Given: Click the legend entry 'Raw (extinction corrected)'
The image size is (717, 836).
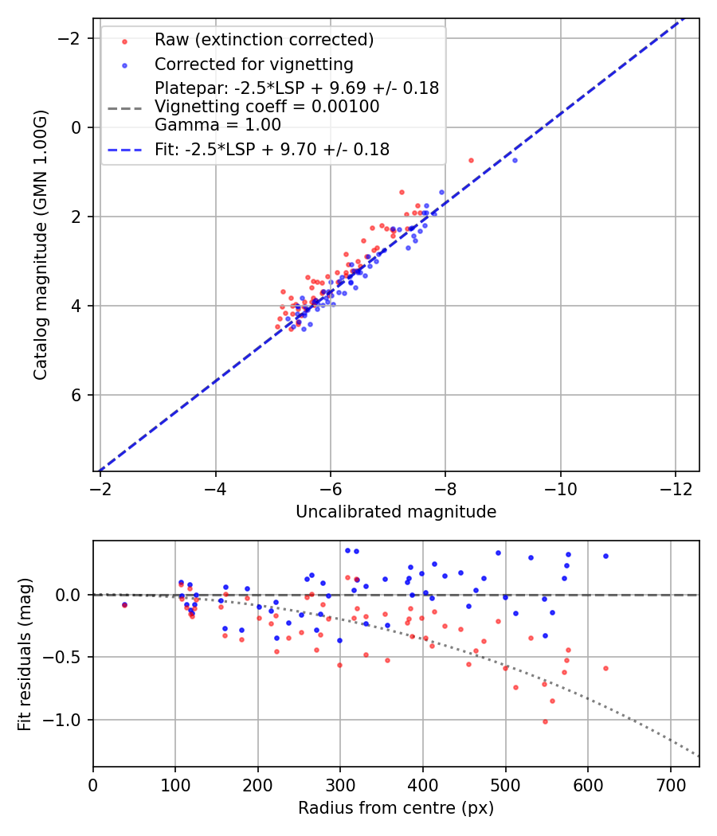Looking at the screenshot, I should pos(264,40).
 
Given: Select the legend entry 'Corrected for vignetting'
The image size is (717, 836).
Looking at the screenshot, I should pos(253,64).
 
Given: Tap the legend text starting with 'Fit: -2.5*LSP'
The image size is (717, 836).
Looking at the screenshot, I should pos(272,150).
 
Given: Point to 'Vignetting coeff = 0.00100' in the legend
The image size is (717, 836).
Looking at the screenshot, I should pos(267,107).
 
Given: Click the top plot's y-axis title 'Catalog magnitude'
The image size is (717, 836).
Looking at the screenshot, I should pos(41,245).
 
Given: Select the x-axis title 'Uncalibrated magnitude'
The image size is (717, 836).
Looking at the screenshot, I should pos(396,512).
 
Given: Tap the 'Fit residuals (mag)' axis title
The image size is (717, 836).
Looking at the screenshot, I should pos(25,654).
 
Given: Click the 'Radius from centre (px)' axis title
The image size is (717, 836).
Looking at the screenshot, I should pos(396,808).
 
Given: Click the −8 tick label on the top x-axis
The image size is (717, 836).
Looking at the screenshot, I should pos(445,487).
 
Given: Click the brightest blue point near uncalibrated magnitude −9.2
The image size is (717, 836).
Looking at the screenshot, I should pos(515,160).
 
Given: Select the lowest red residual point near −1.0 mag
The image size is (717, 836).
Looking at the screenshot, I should pos(545,721).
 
